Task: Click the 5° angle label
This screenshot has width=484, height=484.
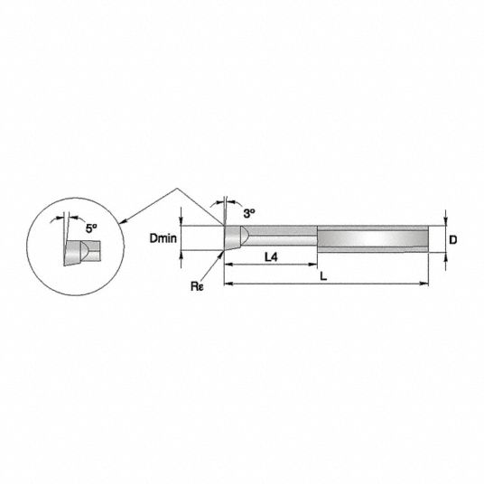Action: [x=91, y=228]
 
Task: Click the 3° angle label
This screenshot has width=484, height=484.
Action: [x=249, y=213]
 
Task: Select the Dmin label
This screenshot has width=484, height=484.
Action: [x=163, y=238]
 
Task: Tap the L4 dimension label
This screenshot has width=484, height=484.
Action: [x=271, y=256]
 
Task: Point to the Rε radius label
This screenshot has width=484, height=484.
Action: [x=197, y=286]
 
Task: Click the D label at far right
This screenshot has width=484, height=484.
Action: [x=452, y=240]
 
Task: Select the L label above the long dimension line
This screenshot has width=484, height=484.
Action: [x=323, y=276]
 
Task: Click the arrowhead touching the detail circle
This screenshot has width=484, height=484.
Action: [x=123, y=220]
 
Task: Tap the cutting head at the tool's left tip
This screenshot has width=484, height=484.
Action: [x=234, y=237]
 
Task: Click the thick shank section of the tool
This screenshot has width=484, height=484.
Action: [x=373, y=239]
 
